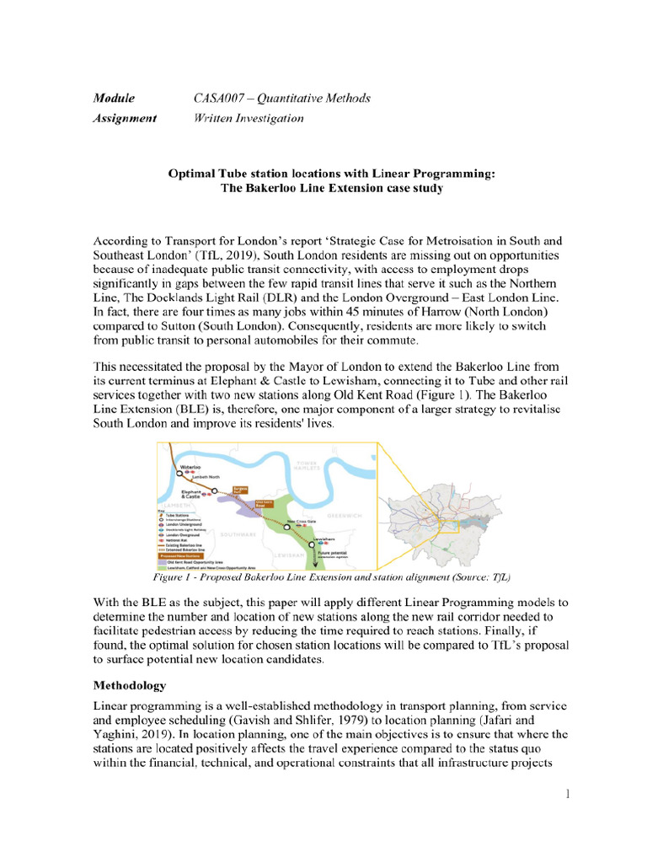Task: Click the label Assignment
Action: click(x=125, y=118)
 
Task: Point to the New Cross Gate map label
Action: click(x=304, y=520)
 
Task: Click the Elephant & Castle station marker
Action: click(x=215, y=490)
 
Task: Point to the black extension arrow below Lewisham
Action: click(x=315, y=555)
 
